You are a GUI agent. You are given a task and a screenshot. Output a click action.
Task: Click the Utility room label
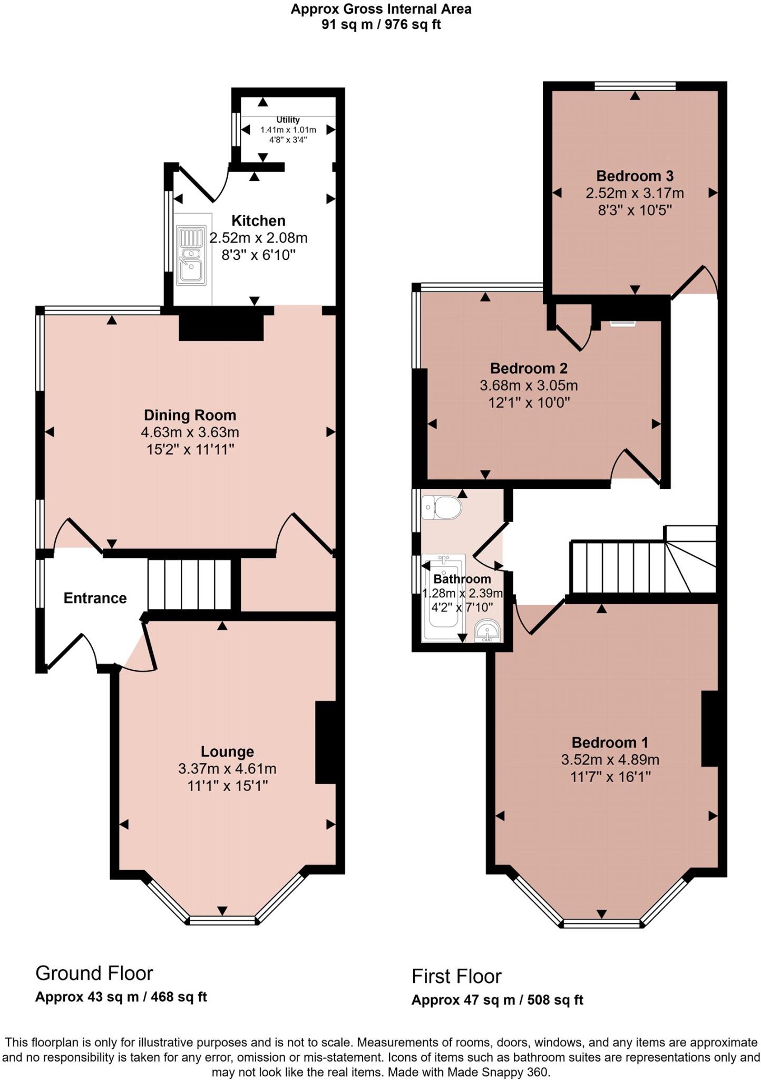(288, 120)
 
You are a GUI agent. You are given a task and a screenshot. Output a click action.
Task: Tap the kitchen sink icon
(191, 255)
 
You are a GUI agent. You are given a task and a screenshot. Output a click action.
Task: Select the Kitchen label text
(258, 220)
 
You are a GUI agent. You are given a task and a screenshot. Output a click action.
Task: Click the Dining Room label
(190, 415)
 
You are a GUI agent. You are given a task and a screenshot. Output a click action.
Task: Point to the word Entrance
(95, 597)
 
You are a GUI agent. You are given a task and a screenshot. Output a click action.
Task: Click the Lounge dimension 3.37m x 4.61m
(227, 768)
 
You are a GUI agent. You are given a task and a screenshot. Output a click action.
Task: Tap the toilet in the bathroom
(442, 507)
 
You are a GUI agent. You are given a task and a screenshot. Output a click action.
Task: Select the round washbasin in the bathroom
(487, 631)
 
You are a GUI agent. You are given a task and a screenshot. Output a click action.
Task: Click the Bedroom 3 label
(635, 176)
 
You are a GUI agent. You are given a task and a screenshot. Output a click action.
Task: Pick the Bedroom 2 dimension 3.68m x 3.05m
(529, 385)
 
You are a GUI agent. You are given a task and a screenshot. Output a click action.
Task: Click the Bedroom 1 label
(610, 742)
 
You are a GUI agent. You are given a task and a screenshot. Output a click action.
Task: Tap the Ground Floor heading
(94, 973)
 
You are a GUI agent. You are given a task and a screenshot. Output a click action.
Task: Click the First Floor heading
(456, 976)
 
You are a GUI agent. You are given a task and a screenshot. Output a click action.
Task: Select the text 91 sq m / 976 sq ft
(381, 24)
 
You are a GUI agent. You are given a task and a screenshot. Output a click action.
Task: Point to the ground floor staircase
(189, 584)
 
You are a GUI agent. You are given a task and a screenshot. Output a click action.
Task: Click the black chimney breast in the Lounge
(326, 742)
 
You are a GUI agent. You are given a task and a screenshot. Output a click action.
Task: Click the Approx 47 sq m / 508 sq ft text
(497, 1000)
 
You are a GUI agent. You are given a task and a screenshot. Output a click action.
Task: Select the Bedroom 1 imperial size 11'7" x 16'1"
(610, 777)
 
